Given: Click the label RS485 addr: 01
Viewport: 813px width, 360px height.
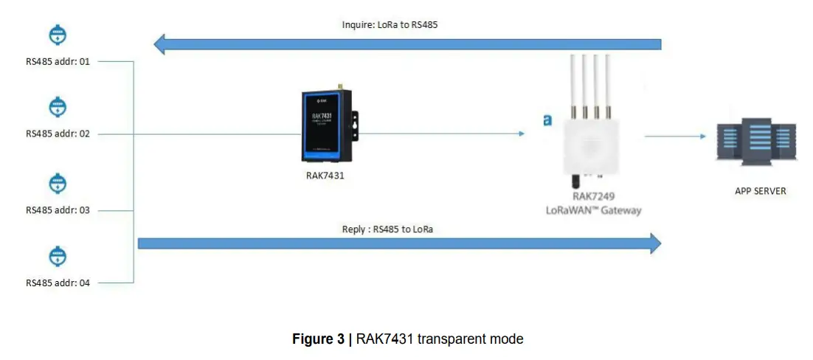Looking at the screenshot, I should tap(58, 62).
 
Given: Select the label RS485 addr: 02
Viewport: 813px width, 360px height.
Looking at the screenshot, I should tap(58, 134).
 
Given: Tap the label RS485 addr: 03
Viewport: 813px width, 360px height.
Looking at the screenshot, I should tap(58, 210).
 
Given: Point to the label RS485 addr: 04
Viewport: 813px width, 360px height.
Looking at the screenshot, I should tap(58, 283).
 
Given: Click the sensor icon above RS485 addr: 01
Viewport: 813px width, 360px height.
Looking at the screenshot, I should tap(58, 34).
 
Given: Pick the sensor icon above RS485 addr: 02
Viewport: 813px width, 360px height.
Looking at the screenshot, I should tap(58, 107).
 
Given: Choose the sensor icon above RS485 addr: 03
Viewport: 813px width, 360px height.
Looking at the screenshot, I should tap(58, 183).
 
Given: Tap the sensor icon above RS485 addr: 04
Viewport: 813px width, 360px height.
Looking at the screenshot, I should tap(58, 256).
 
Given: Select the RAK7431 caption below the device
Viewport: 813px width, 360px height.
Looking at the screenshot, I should tap(325, 176).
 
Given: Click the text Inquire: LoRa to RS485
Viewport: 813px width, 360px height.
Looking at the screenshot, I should tap(390, 24).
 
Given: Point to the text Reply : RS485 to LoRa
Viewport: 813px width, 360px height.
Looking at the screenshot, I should tap(387, 229).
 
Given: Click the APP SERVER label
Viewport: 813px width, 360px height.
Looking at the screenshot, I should tap(760, 191).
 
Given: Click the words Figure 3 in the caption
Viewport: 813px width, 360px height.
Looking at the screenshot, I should tap(318, 339).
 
